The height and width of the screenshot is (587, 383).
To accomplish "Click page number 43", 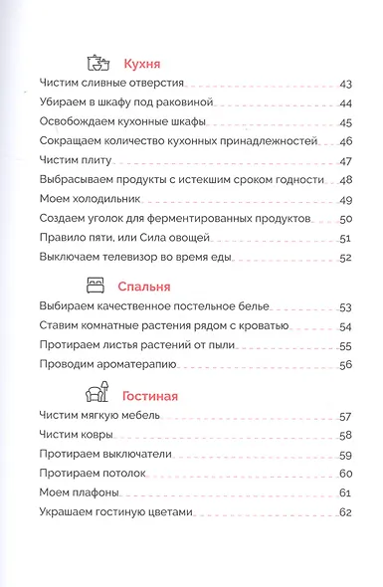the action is (347, 87).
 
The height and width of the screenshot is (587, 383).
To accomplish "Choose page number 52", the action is (347, 258).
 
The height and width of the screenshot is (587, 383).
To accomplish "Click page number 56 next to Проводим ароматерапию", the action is (347, 364).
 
